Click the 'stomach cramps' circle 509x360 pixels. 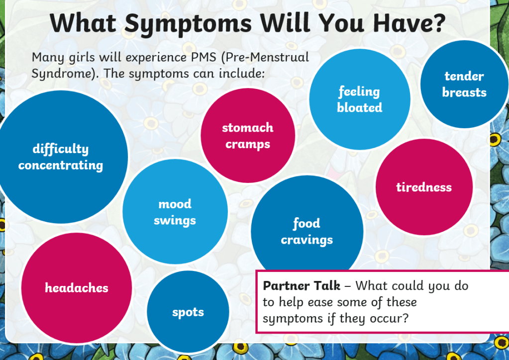click(x=248, y=135)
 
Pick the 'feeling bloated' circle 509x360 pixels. click(x=360, y=99)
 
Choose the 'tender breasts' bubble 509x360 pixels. click(x=464, y=84)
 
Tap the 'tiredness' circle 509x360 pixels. click(x=424, y=187)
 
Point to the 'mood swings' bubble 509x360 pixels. click(x=175, y=211)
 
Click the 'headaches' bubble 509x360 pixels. click(x=77, y=288)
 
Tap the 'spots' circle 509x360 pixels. click(x=188, y=312)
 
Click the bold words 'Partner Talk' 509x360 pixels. click(x=302, y=286)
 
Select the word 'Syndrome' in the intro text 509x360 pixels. click(x=65, y=74)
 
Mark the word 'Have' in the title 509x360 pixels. click(x=402, y=23)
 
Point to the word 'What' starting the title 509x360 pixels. click(x=83, y=23)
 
